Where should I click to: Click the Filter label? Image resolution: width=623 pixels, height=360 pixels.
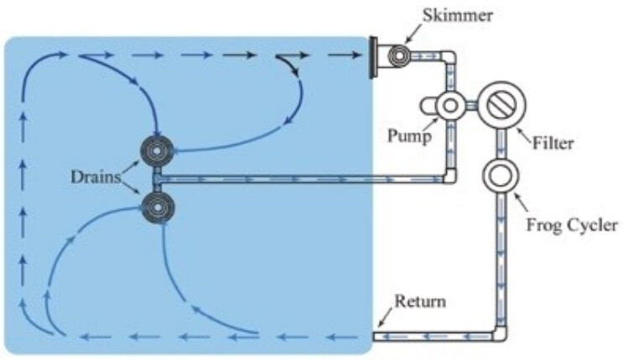pyautogui.click(x=553, y=143)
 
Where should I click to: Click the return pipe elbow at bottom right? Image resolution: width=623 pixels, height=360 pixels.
pyautogui.click(x=501, y=333)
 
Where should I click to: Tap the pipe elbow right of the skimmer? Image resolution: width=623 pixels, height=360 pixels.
pyautogui.click(x=449, y=59)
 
